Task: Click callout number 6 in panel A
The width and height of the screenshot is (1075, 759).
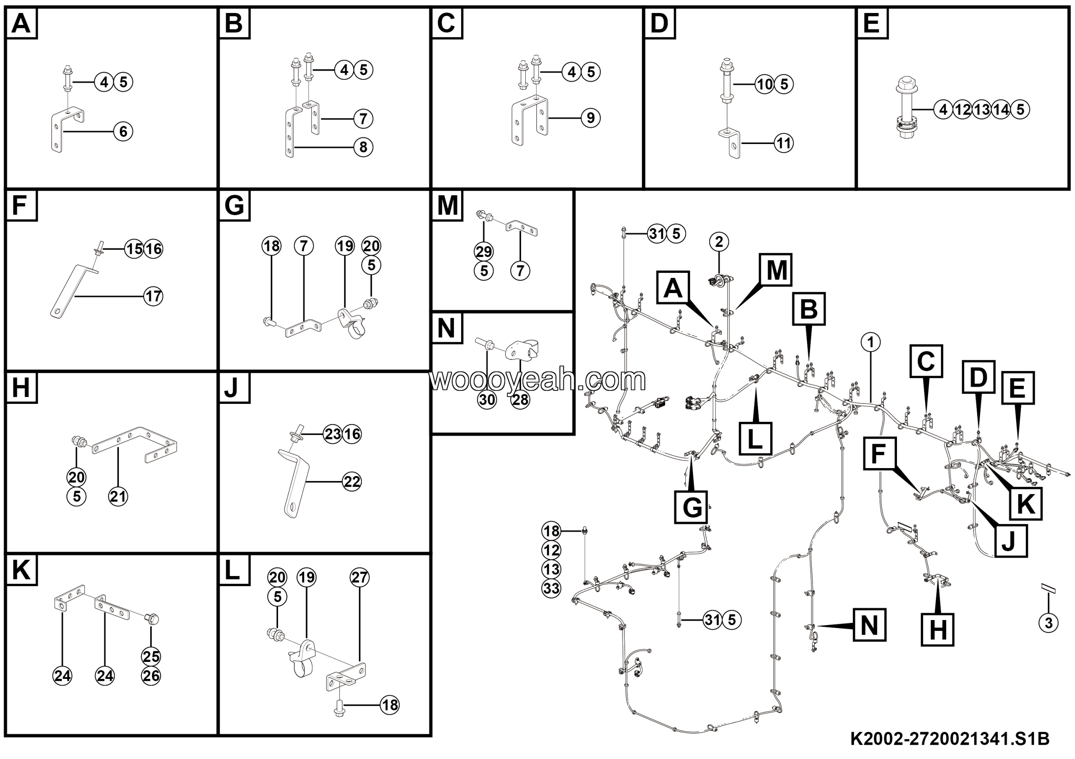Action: point(123,131)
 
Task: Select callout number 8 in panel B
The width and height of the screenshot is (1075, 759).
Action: point(363,147)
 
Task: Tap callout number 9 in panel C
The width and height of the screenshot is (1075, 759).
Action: point(591,118)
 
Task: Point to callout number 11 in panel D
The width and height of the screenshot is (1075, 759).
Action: point(784,143)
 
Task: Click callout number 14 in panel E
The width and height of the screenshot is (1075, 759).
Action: point(1001,110)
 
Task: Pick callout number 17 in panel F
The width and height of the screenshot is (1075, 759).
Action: point(153,296)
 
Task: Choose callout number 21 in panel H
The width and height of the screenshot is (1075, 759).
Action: point(118,496)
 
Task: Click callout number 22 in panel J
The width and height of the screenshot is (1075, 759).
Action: point(351,482)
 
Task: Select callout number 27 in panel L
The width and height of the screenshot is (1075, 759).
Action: point(359,578)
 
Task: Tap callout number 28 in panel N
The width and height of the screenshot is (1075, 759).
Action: point(520,400)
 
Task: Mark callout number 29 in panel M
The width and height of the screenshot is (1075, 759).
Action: point(484,252)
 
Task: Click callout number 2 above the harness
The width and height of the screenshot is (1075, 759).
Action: point(719,241)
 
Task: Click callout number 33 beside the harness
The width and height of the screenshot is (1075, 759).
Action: point(551,588)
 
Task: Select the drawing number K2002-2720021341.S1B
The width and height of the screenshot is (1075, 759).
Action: point(950,739)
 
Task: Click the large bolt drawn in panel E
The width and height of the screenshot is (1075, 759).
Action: point(905,110)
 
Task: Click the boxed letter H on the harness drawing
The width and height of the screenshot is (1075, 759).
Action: point(937,630)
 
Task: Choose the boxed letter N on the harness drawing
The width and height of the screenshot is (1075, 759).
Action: point(870,625)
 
